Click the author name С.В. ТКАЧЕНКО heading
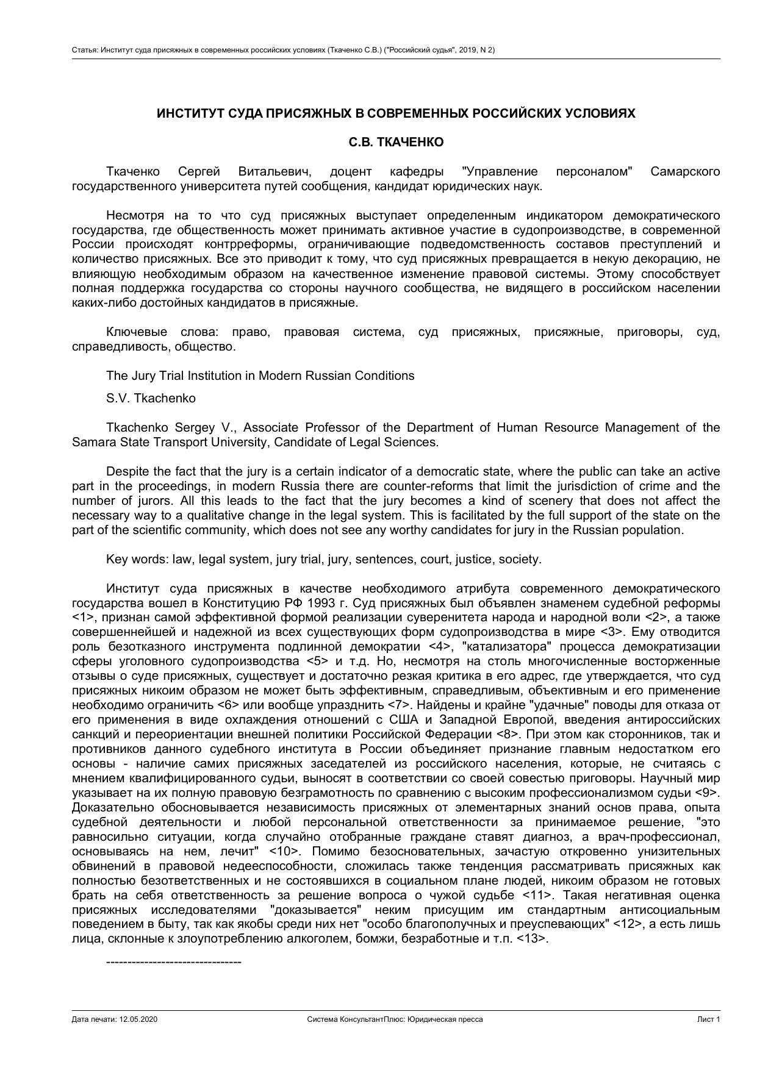pos(396,142)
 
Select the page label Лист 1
pos(709,1019)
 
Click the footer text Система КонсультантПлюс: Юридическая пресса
pos(395,1019)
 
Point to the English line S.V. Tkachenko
pos(151,398)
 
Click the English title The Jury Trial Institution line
pos(260,376)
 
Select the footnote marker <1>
pos(81,618)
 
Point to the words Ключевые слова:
pos(162,332)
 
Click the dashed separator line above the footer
pos(174,962)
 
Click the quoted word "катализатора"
pos(507,646)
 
